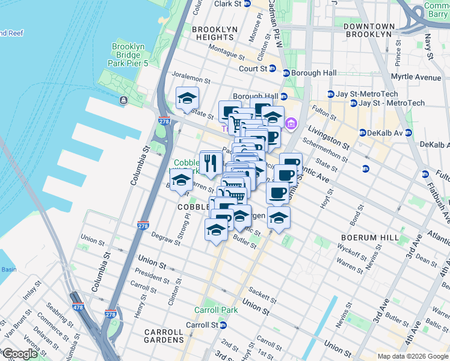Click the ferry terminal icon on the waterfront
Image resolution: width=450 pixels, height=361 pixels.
123,100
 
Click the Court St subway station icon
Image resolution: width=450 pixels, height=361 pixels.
272,69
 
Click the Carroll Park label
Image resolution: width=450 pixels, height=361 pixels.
215,310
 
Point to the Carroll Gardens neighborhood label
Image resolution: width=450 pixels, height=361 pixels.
164,336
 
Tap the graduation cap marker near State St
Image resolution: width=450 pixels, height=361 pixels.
187,98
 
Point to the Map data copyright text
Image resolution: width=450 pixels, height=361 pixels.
412,356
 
